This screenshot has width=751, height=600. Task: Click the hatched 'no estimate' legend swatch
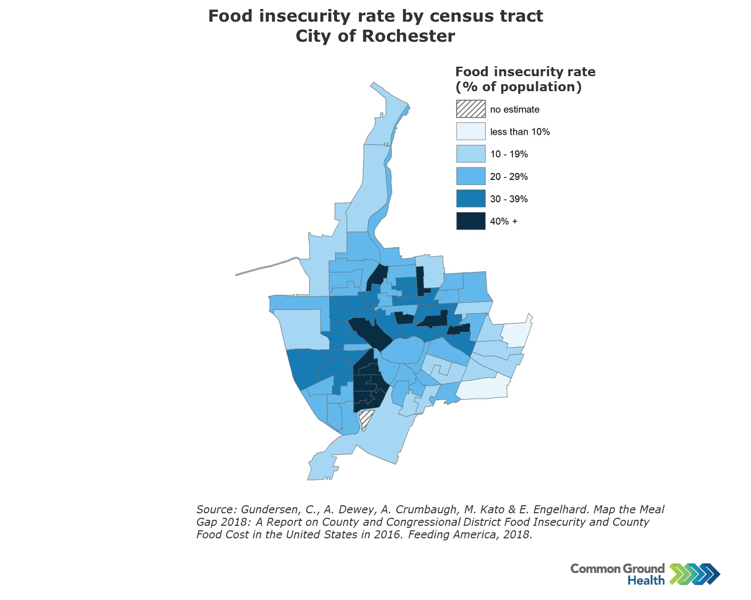(471, 109)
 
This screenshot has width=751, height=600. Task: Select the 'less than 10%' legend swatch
(471, 131)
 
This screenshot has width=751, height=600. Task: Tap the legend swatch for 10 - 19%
(471, 154)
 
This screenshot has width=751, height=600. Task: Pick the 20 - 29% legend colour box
(471, 176)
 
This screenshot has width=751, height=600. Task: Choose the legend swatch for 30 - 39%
(471, 198)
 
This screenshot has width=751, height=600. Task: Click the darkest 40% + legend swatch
(471, 221)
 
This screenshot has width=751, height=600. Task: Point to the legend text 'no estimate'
(514, 109)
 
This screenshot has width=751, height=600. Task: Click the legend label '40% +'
(504, 221)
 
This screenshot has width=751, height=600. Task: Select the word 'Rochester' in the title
(409, 36)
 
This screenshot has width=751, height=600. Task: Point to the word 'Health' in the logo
(646, 580)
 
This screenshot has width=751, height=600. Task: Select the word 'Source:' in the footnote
(216, 509)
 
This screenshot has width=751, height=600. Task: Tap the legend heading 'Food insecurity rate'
(525, 72)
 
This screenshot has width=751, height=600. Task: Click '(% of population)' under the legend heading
(519, 87)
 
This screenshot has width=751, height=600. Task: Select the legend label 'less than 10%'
(520, 132)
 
